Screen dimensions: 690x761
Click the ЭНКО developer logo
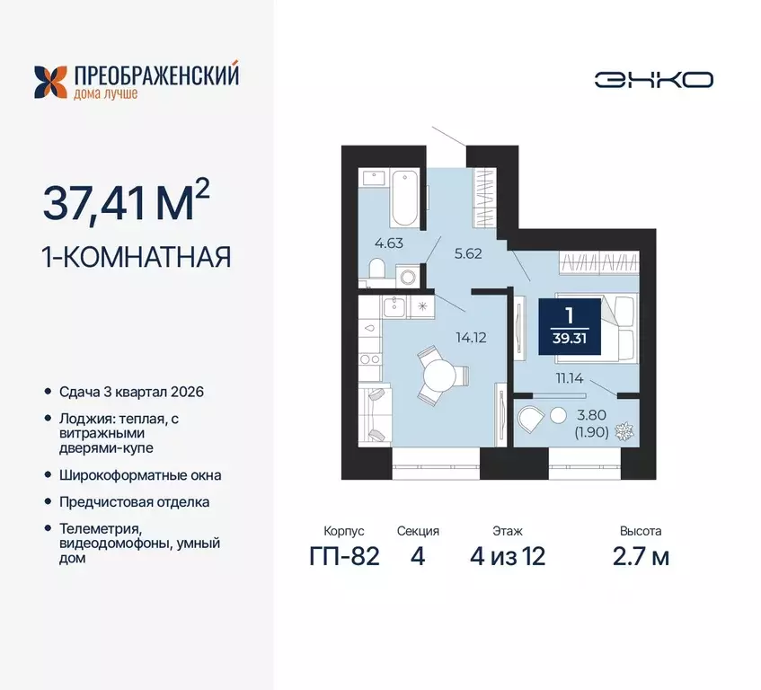653,79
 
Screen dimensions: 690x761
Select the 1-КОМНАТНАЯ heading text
137,257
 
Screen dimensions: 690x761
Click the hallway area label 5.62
468,253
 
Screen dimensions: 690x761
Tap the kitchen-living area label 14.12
471,339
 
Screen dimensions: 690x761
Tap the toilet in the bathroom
376,268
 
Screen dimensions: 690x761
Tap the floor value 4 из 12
508,556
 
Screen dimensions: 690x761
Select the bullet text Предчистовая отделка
136,502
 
